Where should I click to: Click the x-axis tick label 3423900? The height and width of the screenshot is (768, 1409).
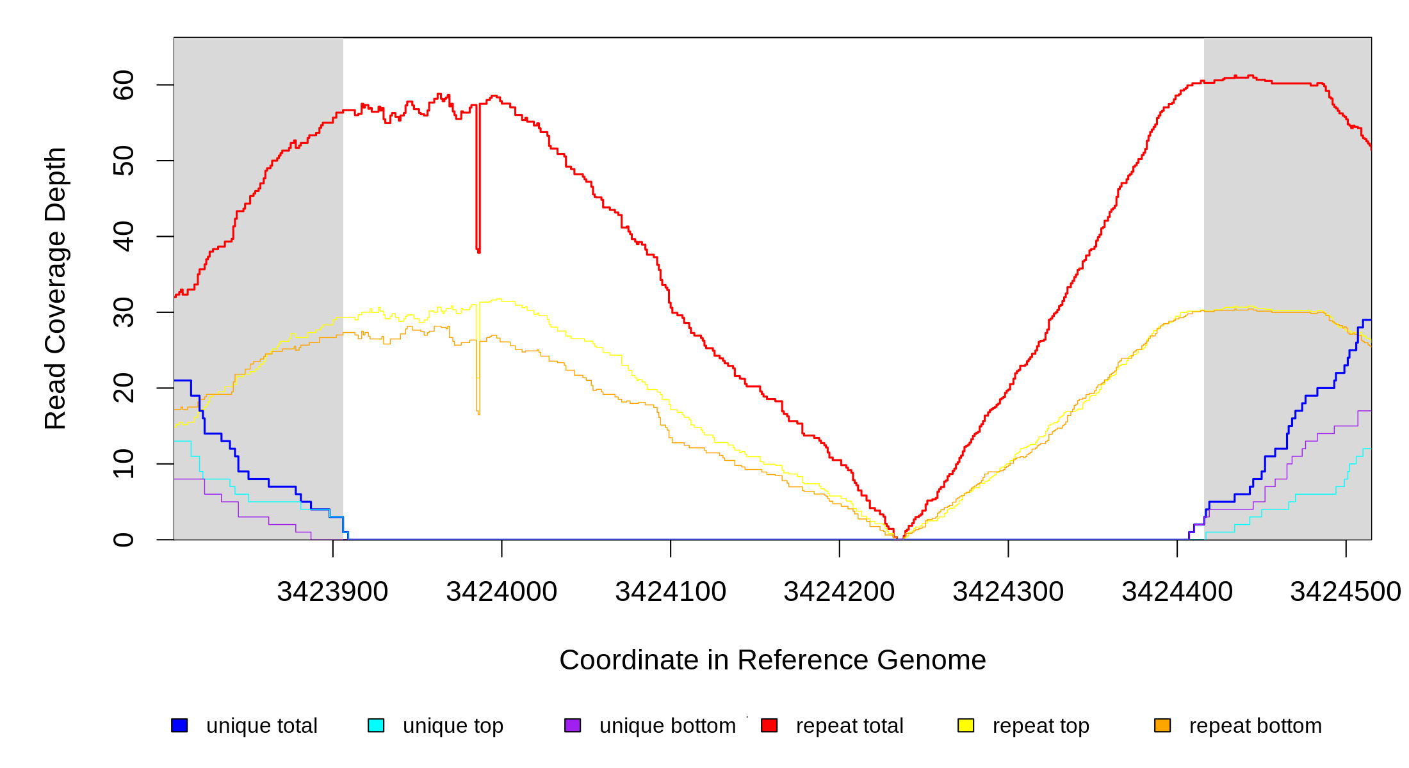click(x=332, y=592)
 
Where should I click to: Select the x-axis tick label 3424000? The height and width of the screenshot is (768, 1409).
click(x=501, y=592)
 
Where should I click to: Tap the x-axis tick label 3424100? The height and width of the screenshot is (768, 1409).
click(x=671, y=592)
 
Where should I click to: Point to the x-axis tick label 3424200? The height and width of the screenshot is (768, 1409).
click(x=839, y=592)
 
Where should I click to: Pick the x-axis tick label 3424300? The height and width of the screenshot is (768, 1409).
click(x=1008, y=592)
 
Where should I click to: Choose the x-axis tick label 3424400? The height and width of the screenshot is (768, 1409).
click(x=1177, y=592)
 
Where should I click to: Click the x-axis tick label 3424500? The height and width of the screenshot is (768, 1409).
click(x=1345, y=592)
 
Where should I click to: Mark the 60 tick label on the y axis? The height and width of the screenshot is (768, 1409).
click(x=124, y=85)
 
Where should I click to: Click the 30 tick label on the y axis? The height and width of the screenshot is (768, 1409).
click(x=124, y=312)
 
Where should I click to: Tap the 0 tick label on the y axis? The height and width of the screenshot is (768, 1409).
click(x=124, y=540)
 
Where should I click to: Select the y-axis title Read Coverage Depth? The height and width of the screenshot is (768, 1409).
click(x=56, y=288)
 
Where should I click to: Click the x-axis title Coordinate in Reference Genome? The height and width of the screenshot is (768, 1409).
click(x=772, y=660)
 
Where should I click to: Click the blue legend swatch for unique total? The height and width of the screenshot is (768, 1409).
click(x=179, y=726)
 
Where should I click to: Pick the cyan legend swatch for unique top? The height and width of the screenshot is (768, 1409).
click(x=376, y=726)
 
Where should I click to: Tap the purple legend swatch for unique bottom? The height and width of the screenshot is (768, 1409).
click(x=573, y=726)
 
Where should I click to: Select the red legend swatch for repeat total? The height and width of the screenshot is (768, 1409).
click(x=769, y=726)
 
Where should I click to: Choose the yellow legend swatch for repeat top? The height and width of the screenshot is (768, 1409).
click(x=966, y=726)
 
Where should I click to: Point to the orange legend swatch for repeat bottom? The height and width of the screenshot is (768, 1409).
click(x=1162, y=726)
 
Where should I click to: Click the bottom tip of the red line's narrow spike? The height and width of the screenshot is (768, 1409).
click(x=478, y=252)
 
